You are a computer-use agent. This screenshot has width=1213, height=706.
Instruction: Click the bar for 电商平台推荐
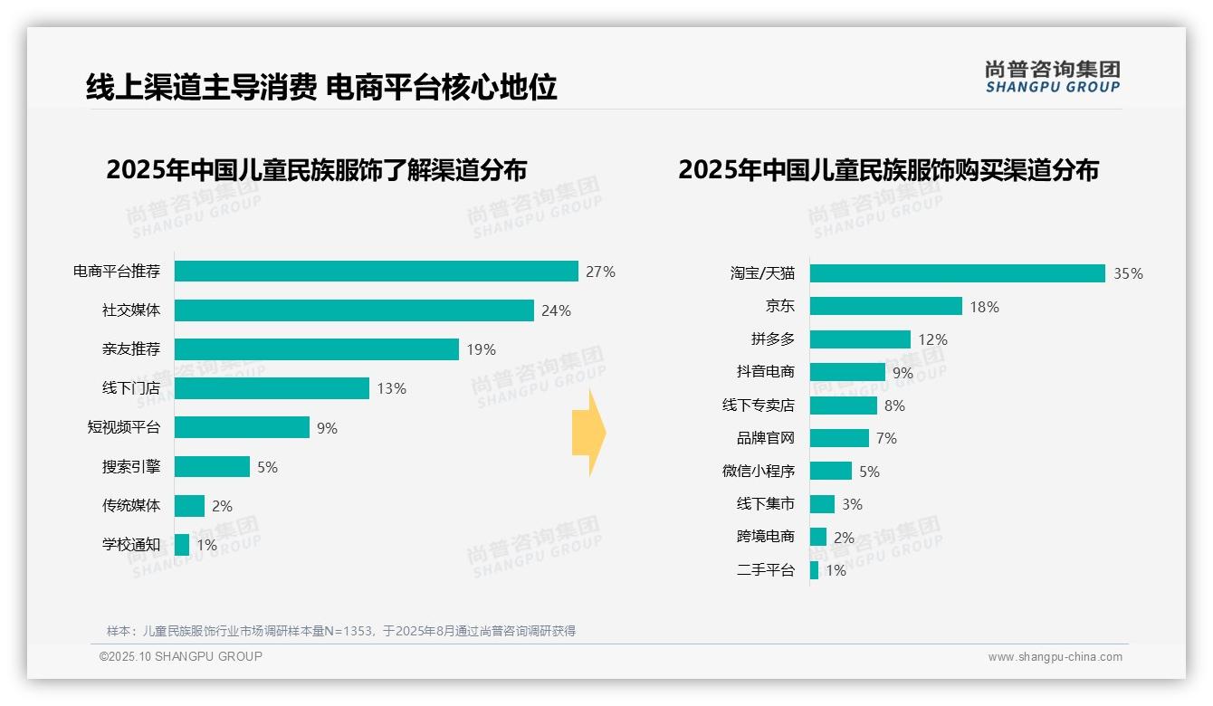click(376, 272)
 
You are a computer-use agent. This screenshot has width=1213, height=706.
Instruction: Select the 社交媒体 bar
click(354, 310)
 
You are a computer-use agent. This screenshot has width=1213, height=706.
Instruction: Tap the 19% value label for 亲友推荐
click(482, 349)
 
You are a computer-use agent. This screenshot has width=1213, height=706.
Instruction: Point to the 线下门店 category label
click(130, 388)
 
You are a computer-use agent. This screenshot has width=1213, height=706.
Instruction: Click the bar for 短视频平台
click(242, 427)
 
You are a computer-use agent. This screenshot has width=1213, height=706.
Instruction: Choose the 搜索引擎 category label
click(130, 467)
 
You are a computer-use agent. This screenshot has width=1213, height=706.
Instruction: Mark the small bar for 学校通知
click(182, 545)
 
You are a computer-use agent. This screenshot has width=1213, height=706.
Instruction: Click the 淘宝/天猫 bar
click(957, 273)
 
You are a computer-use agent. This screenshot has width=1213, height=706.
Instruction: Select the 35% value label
click(1128, 273)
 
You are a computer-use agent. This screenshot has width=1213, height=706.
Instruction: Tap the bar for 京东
click(885, 306)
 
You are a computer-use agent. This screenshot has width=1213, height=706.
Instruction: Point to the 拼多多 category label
click(772, 339)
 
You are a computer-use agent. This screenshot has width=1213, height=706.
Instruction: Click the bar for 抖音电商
click(847, 372)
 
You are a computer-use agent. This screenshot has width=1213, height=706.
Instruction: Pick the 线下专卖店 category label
click(758, 405)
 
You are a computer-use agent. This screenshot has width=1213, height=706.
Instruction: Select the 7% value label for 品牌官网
click(886, 438)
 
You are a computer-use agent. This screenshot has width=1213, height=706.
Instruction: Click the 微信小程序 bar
click(831, 471)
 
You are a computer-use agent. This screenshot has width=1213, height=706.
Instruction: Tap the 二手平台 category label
click(765, 570)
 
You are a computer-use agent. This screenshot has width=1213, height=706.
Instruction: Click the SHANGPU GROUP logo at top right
click(1053, 77)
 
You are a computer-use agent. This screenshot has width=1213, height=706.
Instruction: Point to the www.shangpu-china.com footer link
click(1055, 657)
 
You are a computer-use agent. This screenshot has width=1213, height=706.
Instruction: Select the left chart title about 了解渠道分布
click(316, 170)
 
